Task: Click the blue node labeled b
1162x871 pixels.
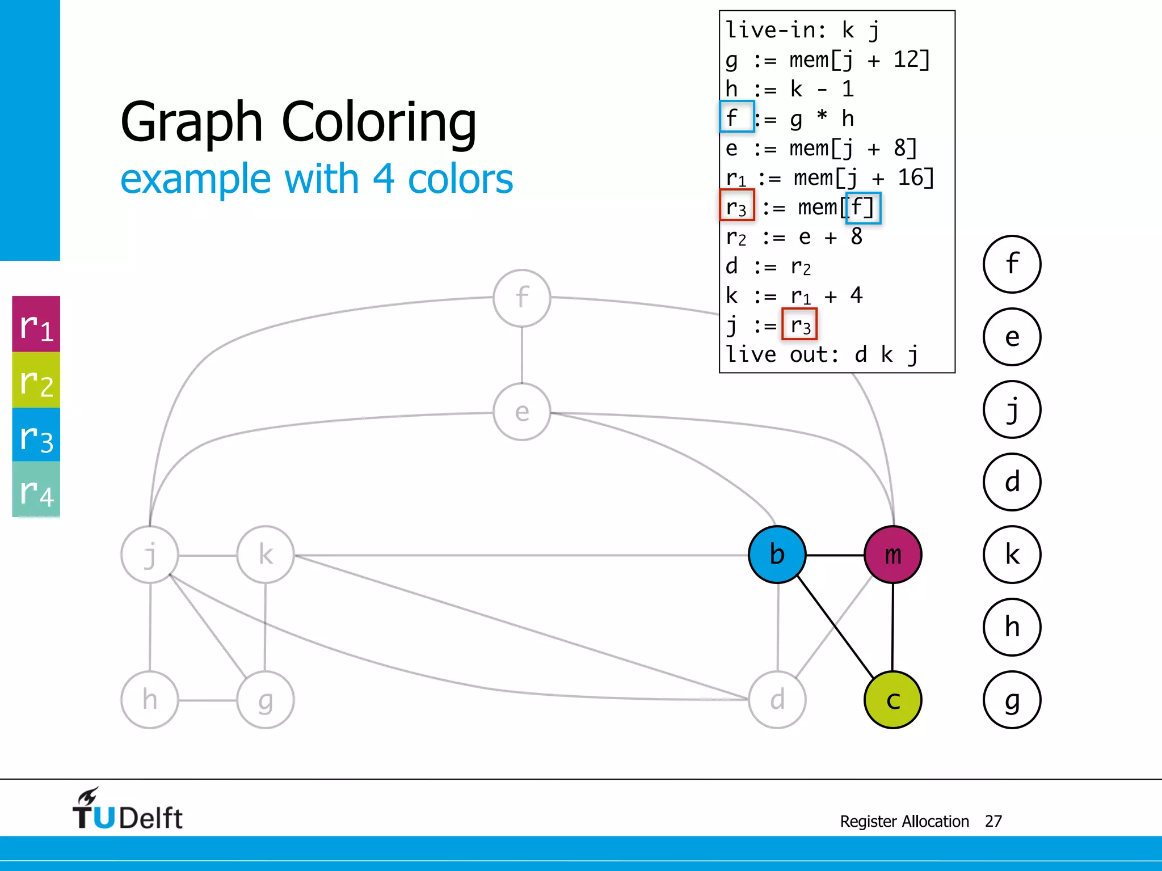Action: (777, 555)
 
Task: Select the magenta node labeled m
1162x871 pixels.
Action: (892, 555)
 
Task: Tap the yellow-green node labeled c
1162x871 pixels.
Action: (892, 700)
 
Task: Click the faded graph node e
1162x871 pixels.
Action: (522, 412)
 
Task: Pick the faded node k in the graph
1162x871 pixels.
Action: (266, 555)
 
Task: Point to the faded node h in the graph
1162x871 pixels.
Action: (150, 700)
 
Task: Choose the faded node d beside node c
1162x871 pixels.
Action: (777, 700)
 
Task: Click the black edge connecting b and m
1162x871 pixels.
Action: (835, 555)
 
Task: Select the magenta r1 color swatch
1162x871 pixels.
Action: (36, 324)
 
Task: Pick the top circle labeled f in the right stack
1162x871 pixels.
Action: (1012, 264)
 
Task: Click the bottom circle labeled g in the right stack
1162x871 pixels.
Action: (1012, 700)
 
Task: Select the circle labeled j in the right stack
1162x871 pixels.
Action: (1012, 409)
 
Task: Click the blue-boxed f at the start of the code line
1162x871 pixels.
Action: (736, 117)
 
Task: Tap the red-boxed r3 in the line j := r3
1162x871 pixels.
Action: (799, 324)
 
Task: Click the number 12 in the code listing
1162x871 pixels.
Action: (906, 59)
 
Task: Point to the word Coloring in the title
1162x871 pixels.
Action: (378, 121)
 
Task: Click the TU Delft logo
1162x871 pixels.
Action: (127, 810)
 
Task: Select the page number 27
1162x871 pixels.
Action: (993, 821)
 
